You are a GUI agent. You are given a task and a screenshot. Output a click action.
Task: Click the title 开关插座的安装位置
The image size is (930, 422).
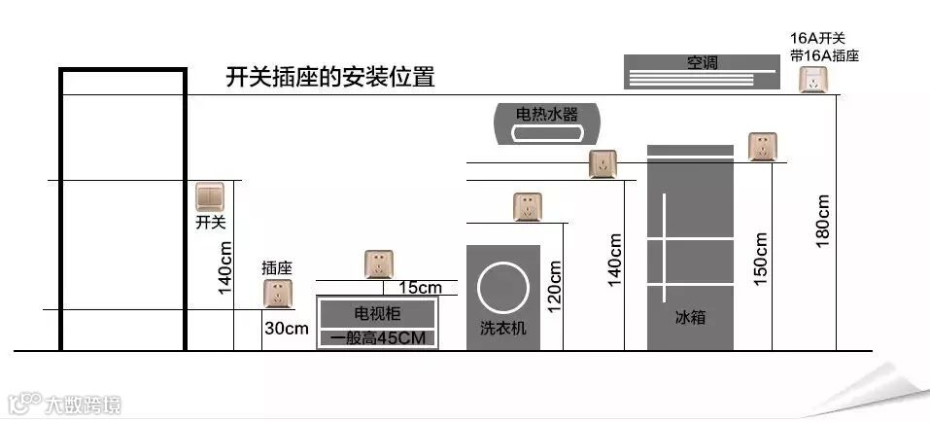click(x=329, y=77)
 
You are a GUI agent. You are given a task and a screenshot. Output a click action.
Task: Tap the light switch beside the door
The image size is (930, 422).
click(x=210, y=197)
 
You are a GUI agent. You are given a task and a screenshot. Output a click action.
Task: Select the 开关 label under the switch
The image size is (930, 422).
click(x=210, y=223)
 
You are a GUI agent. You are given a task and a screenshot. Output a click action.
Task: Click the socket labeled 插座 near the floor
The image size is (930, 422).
click(x=277, y=295)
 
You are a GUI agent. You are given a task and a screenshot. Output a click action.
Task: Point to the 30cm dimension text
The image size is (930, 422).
click(x=286, y=329)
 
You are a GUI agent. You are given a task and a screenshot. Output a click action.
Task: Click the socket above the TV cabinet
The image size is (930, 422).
click(x=378, y=264)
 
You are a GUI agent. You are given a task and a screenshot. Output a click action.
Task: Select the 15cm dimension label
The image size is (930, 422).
click(x=420, y=288)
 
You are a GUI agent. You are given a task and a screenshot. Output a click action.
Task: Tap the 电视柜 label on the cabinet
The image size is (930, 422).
click(x=378, y=313)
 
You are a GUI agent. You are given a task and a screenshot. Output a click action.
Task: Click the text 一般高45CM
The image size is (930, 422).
click(x=378, y=338)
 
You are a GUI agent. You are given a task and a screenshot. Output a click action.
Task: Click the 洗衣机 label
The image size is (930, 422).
click(x=502, y=329)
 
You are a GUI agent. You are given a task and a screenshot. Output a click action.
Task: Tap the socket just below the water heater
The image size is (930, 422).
click(x=603, y=164)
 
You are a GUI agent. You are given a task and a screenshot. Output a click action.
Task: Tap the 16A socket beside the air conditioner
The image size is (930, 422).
click(x=814, y=80)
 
